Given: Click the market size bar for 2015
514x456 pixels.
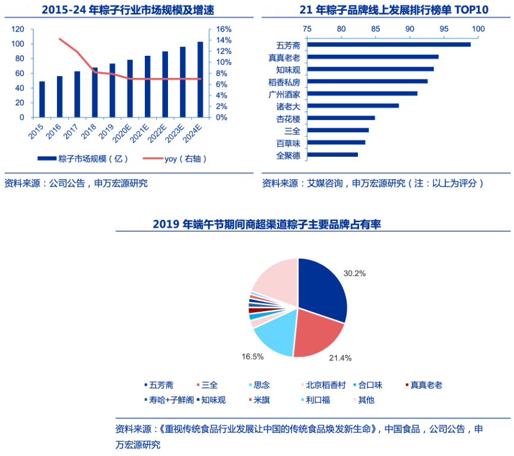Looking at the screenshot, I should (42, 99).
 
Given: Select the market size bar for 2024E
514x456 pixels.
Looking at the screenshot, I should (200, 80).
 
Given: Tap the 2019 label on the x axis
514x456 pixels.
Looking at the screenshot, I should (107, 131).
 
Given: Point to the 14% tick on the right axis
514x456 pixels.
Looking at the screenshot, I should (224, 40).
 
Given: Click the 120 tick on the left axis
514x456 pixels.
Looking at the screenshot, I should (18, 29).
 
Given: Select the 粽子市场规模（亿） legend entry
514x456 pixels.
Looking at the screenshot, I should (84, 159).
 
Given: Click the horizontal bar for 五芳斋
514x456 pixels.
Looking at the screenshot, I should (389, 45).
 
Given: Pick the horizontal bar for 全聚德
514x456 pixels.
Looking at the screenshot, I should (333, 155).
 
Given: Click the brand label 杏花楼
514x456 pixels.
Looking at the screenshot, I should (288, 119).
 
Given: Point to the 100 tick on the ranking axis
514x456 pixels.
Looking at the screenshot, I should (478, 29).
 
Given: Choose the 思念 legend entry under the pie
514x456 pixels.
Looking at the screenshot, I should (261, 385).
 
